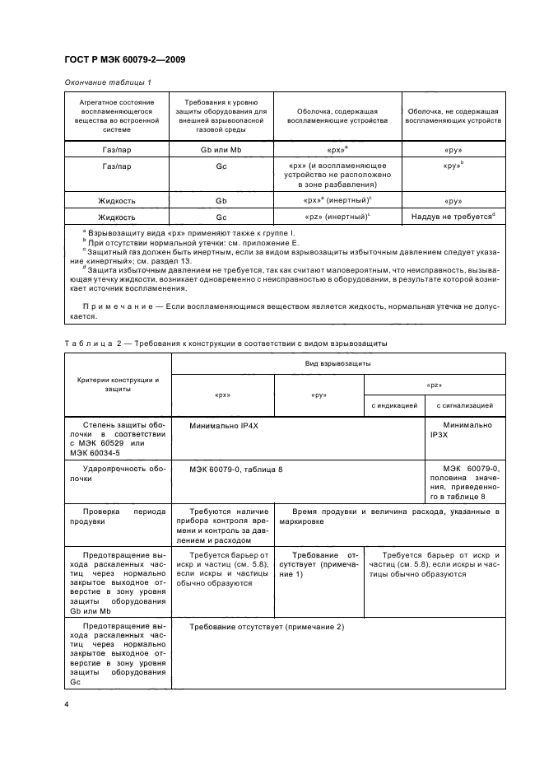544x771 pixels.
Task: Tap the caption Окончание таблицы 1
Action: click(x=107, y=82)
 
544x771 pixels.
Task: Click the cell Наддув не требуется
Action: click(x=452, y=217)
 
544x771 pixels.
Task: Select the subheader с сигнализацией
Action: click(x=464, y=405)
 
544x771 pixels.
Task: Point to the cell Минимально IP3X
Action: click(x=472, y=431)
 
